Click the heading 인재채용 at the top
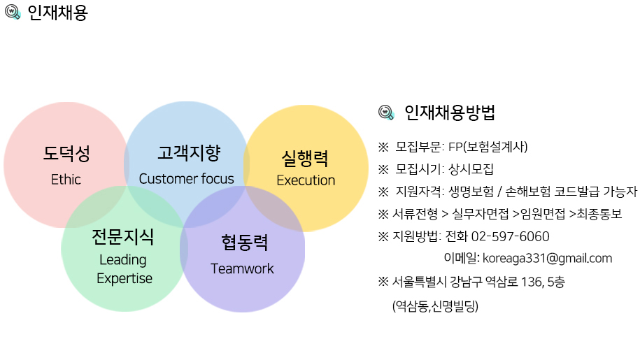tap(57, 13)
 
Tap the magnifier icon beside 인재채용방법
tap(386, 113)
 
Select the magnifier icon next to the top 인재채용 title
tap(13, 12)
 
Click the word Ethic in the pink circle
tap(66, 180)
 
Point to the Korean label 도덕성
tap(66, 154)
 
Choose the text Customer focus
tap(187, 178)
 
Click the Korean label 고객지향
tap(189, 153)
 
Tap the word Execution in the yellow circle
tap(306, 180)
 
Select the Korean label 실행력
tap(305, 159)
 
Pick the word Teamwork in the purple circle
tap(243, 268)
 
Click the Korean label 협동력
tap(245, 243)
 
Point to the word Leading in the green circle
tap(123, 260)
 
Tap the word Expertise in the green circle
tap(125, 278)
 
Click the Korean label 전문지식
tap(123, 237)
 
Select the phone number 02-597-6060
tap(510, 236)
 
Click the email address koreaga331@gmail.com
tap(548, 258)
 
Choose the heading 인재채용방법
tap(450, 113)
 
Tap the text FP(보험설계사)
tap(488, 147)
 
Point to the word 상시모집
tap(471, 168)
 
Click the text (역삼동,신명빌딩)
tap(435, 305)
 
